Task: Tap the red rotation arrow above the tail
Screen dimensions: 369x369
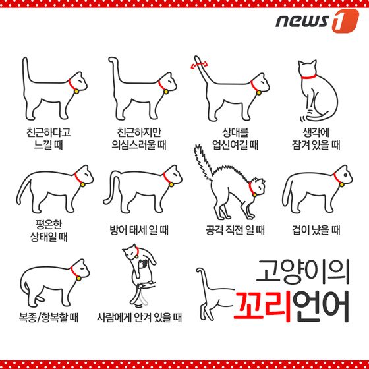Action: coord(200,65)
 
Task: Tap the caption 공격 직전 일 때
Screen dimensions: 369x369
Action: coord(235,230)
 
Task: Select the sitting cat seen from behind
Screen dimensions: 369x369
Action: coord(314,89)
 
